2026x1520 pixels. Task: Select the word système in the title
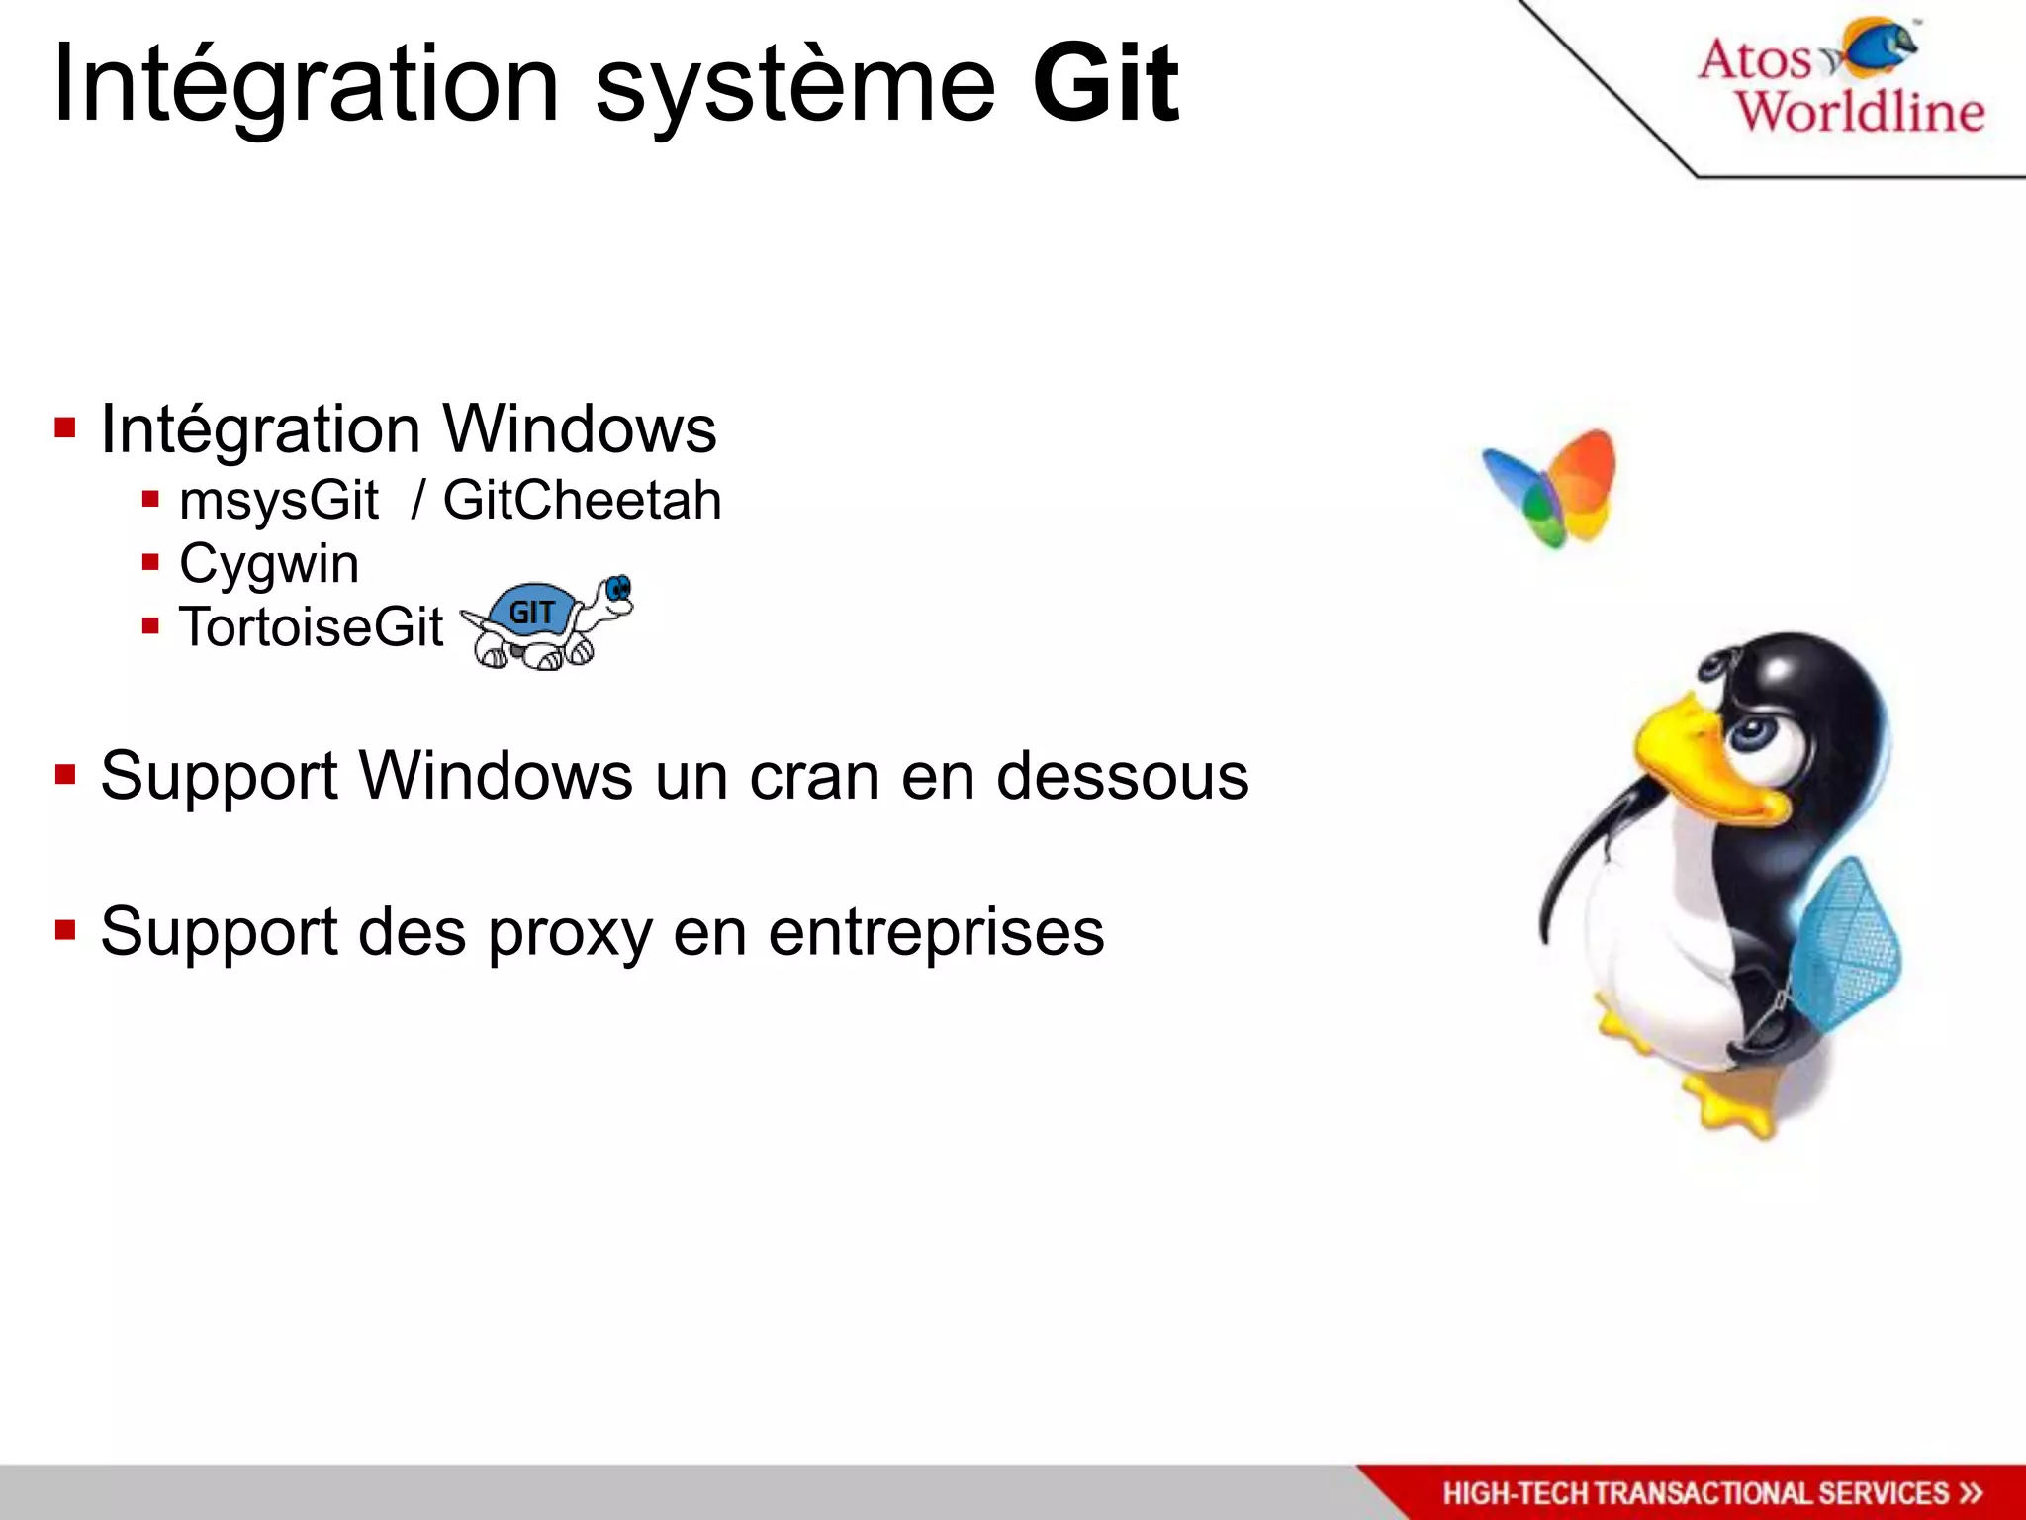[794, 87]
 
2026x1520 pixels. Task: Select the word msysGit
[278, 500]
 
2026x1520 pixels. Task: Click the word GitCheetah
[582, 499]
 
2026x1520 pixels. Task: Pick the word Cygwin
[269, 564]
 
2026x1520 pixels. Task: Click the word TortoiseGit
[311, 626]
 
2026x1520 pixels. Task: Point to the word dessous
[1122, 775]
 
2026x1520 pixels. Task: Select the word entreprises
[936, 932]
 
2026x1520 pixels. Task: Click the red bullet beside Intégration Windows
[66, 428]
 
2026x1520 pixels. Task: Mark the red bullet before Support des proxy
[66, 930]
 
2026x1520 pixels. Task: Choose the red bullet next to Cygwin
[150, 563]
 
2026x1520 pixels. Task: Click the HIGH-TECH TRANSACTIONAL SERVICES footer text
[1695, 1492]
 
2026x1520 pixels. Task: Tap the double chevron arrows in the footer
[1971, 1492]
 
